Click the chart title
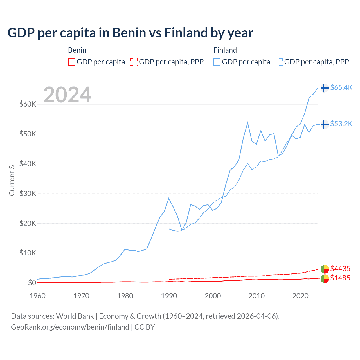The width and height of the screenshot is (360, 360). (130, 33)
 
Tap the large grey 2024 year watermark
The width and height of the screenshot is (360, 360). (67, 95)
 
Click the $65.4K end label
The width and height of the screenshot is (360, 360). (341, 87)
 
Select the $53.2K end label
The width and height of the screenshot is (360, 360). (341, 124)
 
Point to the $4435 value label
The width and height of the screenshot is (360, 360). (340, 269)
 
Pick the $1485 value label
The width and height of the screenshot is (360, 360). (340, 278)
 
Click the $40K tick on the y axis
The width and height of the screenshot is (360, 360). (28, 164)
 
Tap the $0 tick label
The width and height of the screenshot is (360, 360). (32, 283)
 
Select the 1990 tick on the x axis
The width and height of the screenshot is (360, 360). (169, 296)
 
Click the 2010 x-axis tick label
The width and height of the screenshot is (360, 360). (256, 296)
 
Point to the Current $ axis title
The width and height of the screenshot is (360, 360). (12, 180)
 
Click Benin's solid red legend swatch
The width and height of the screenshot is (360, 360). (72, 62)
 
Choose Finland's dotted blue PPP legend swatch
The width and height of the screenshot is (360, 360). (279, 62)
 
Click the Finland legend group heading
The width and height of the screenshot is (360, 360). (225, 50)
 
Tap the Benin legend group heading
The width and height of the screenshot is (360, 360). (77, 50)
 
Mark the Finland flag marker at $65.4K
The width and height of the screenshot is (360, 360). (325, 88)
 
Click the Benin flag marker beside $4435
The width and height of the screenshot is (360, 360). (325, 269)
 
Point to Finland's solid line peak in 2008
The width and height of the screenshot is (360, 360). (247, 122)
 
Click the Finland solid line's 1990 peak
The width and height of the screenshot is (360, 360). (169, 198)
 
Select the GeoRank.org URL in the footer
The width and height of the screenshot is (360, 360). (70, 327)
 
